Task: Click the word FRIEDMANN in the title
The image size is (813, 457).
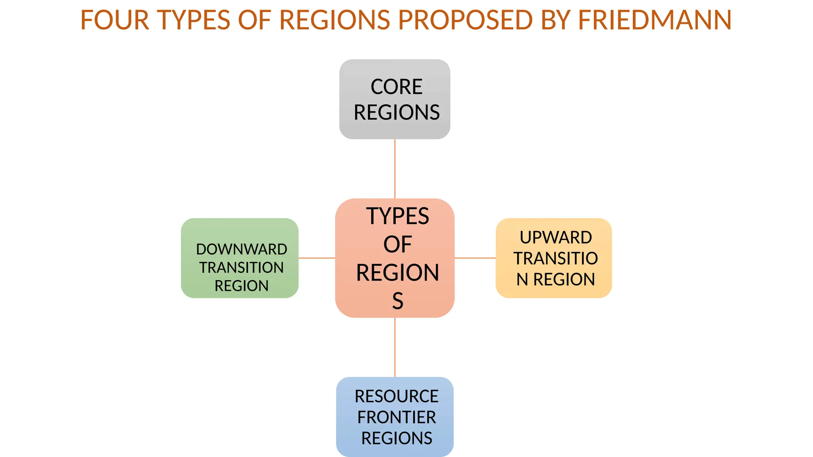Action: [655, 20]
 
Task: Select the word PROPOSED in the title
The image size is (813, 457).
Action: [465, 20]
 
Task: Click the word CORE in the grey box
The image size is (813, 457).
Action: [396, 86]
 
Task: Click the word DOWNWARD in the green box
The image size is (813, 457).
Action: [241, 249]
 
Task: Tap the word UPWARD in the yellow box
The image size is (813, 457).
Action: [556, 237]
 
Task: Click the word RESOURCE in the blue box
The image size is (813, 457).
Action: [396, 396]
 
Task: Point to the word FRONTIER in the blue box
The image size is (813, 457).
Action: [396, 417]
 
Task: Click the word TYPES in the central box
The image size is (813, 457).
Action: [397, 216]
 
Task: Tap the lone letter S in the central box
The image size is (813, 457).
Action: [397, 301]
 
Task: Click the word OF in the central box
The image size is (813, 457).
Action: [397, 244]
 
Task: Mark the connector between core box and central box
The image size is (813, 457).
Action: [395, 169]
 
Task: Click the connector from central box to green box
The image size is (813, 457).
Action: [317, 258]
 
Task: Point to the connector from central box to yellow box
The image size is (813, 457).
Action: [475, 258]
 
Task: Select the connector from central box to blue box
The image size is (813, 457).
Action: [395, 347]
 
